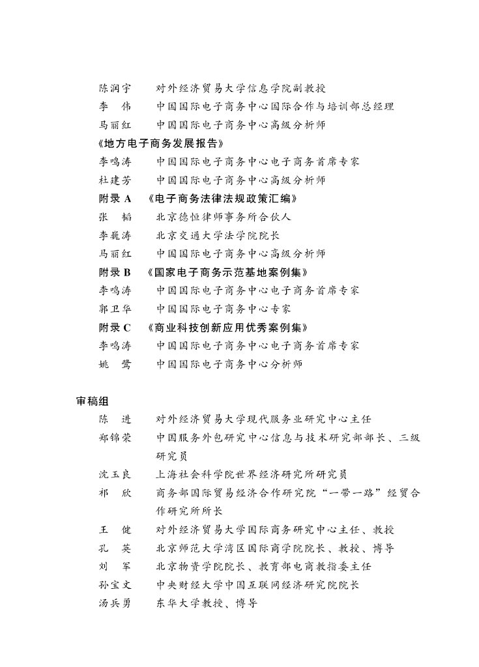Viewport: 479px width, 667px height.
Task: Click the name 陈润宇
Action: tap(115, 88)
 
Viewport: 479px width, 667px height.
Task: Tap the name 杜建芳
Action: tap(115, 180)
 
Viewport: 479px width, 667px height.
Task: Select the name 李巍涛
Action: tap(115, 235)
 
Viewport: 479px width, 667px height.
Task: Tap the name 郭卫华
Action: tap(115, 309)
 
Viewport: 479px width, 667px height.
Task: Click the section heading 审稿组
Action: tap(92, 401)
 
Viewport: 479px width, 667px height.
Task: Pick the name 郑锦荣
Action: tap(115, 438)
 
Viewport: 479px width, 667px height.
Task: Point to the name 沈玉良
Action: tap(115, 474)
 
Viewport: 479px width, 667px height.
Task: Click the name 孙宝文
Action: tap(115, 585)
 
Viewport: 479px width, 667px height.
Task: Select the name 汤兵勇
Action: tap(115, 603)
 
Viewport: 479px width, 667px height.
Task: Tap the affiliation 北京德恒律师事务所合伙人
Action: tap(223, 217)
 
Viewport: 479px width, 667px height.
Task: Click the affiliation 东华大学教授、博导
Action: tap(207, 603)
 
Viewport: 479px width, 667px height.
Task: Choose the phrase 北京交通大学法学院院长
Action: tap(218, 235)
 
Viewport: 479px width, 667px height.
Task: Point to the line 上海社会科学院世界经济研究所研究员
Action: tap(252, 474)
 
